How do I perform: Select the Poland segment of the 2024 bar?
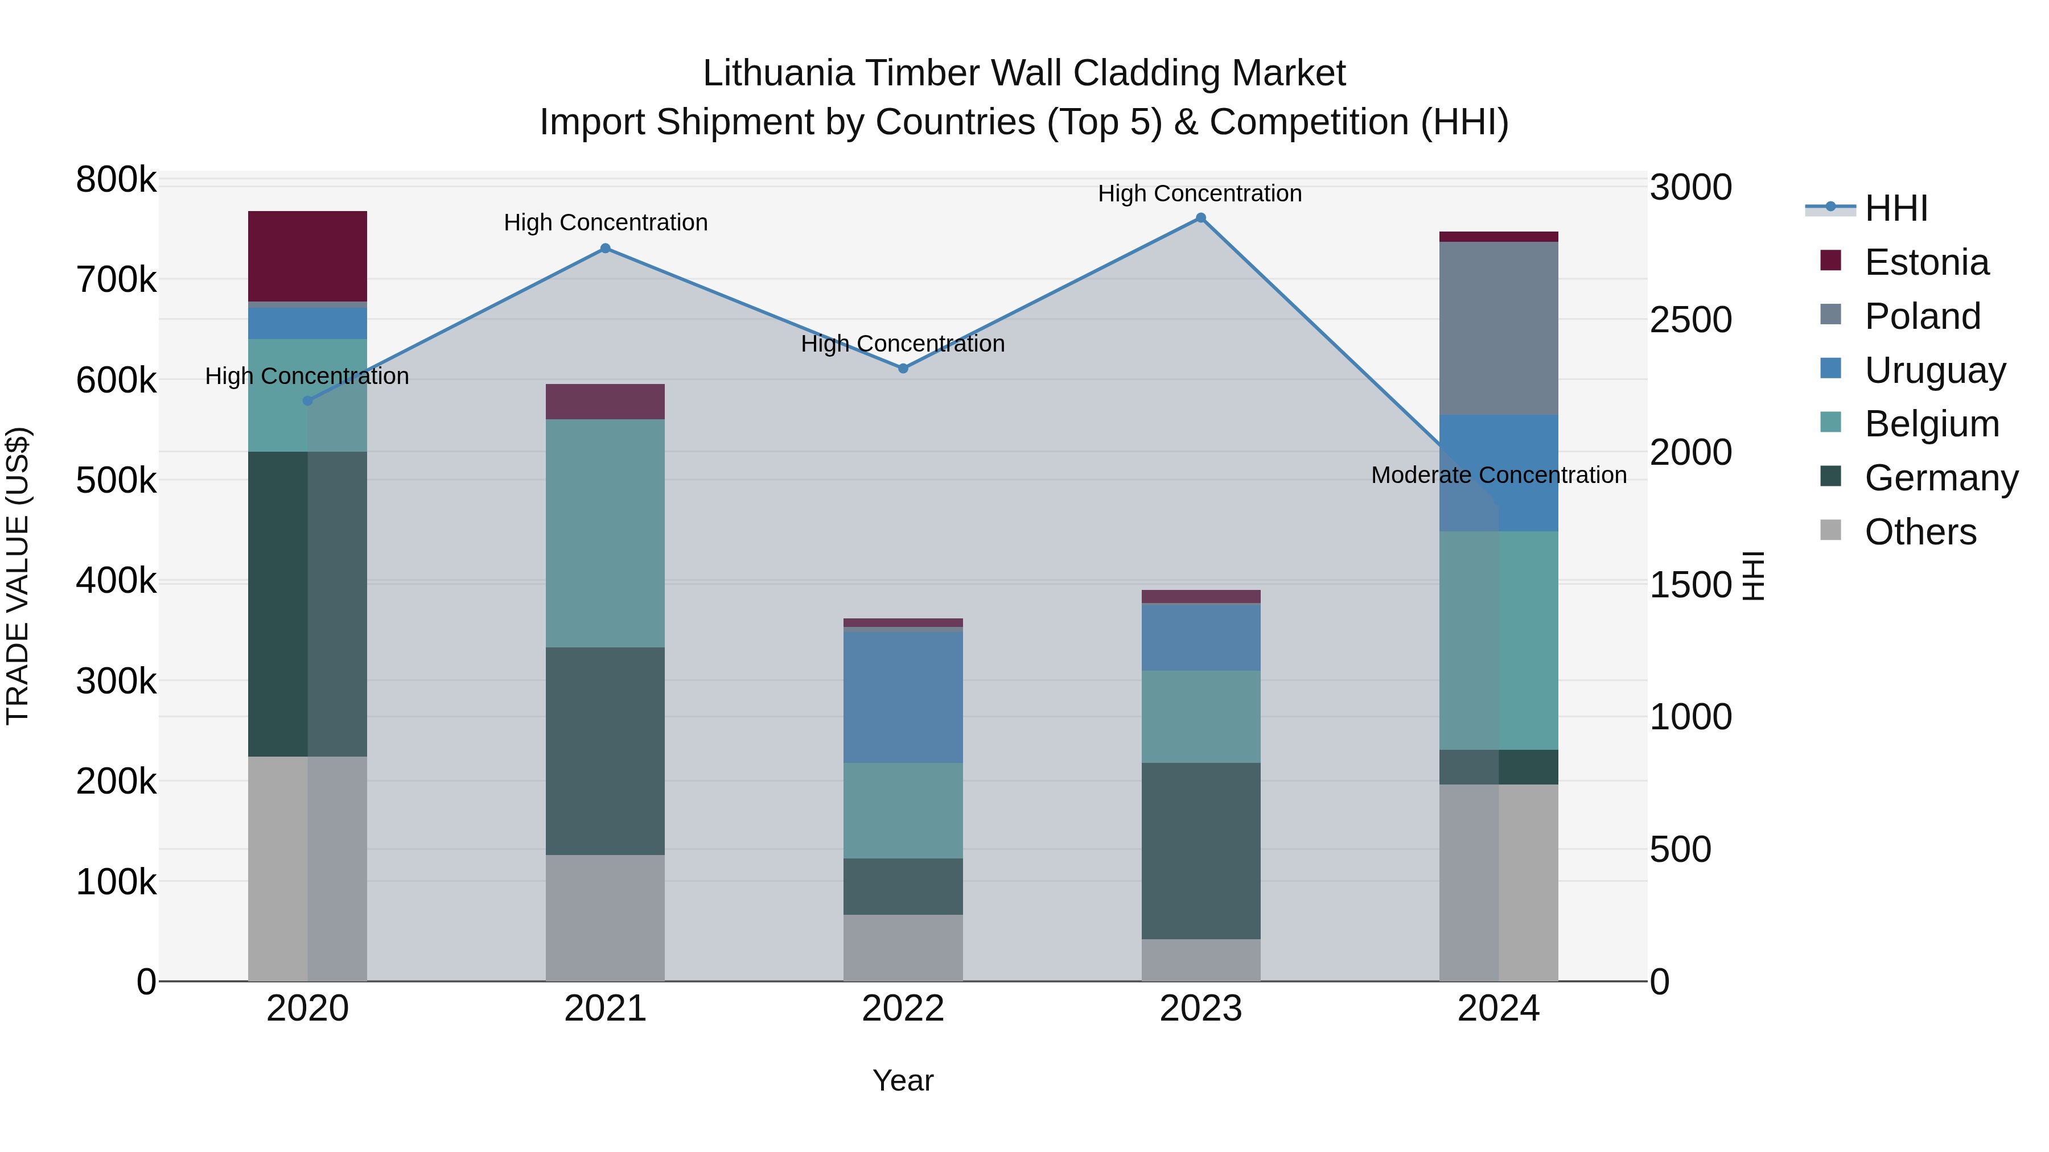1499,328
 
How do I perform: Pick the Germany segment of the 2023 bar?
1201,850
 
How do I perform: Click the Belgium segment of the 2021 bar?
606,532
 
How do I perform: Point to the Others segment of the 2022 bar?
903,948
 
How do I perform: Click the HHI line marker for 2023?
1201,218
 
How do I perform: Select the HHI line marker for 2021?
606,248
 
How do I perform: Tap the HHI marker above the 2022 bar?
903,368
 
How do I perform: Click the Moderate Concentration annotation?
1499,474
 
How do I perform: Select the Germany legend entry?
1940,478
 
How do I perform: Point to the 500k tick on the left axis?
116,480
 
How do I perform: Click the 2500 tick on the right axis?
1690,320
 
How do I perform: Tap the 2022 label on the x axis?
903,1009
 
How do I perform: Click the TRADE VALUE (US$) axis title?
18,576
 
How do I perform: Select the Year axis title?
903,1080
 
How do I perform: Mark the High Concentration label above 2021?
606,222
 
